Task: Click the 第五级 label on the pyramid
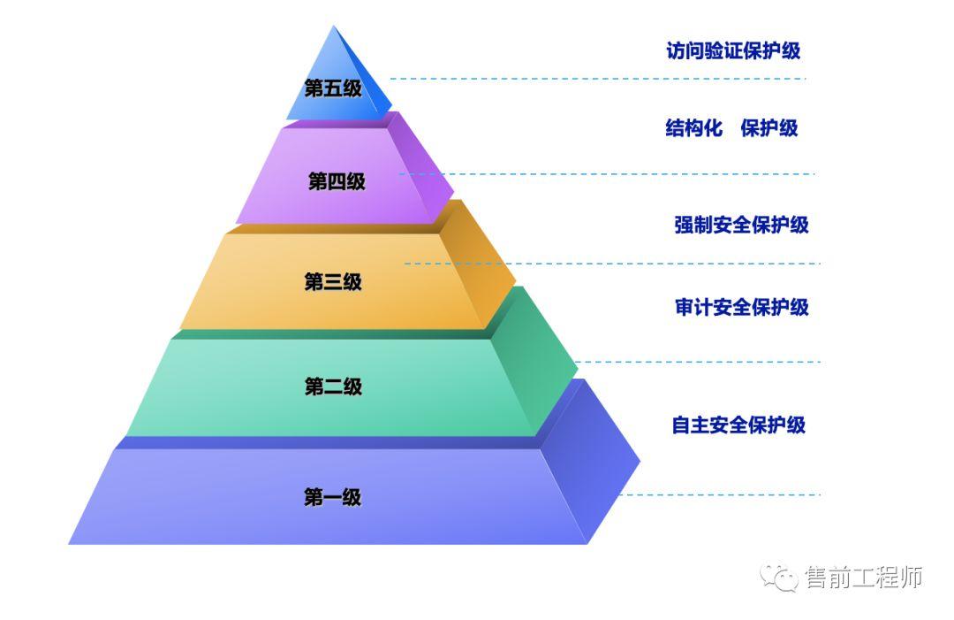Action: [x=333, y=88]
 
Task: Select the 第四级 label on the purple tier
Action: [x=337, y=182]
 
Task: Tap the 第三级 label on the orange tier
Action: [x=333, y=282]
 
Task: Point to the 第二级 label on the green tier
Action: [x=333, y=387]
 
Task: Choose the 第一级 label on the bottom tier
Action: [x=333, y=497]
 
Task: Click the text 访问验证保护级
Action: [x=733, y=50]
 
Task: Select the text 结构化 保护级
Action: [x=731, y=128]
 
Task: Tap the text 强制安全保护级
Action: [x=741, y=225]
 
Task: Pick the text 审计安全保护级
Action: [x=741, y=307]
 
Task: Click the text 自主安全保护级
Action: [x=738, y=425]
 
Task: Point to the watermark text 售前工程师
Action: [x=863, y=578]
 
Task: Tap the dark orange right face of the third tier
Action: [x=481, y=265]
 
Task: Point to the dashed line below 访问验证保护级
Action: [x=601, y=79]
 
